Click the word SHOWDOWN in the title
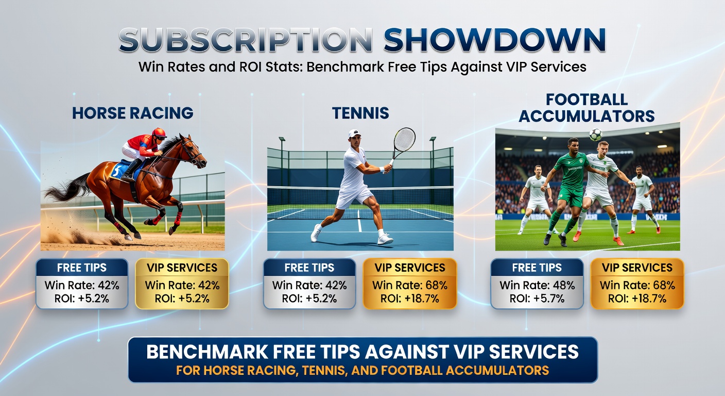494,40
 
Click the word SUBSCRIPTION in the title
246,40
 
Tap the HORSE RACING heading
133,113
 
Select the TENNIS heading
360,113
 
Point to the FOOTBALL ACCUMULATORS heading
586,107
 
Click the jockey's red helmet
159,133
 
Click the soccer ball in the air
596,134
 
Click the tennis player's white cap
354,134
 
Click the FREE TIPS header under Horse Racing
82,268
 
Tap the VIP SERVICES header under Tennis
410,268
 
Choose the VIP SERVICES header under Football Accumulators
637,268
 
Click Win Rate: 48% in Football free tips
537,285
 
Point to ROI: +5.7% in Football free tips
537,298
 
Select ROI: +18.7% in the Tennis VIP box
410,298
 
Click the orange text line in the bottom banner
362,370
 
